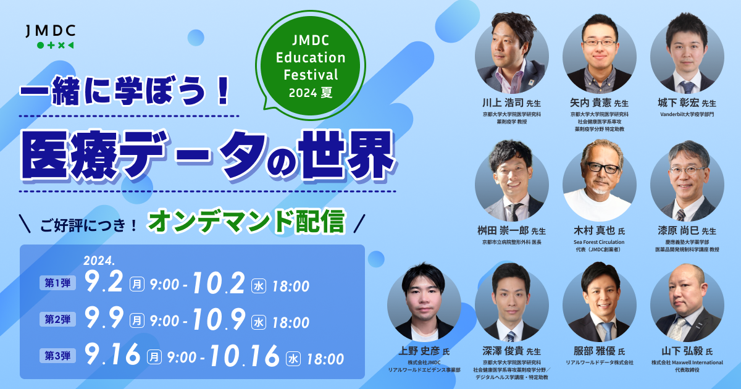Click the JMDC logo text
(x=51, y=31)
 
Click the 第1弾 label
(x=57, y=283)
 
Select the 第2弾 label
(x=57, y=319)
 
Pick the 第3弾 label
(x=57, y=356)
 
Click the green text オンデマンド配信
(x=247, y=221)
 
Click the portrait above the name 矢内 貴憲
(x=600, y=54)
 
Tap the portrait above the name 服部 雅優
(x=600, y=302)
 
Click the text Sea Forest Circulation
(x=599, y=242)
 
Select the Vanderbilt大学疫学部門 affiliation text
(x=687, y=114)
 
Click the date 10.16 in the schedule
(x=244, y=356)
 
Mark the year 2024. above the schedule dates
(x=99, y=261)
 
